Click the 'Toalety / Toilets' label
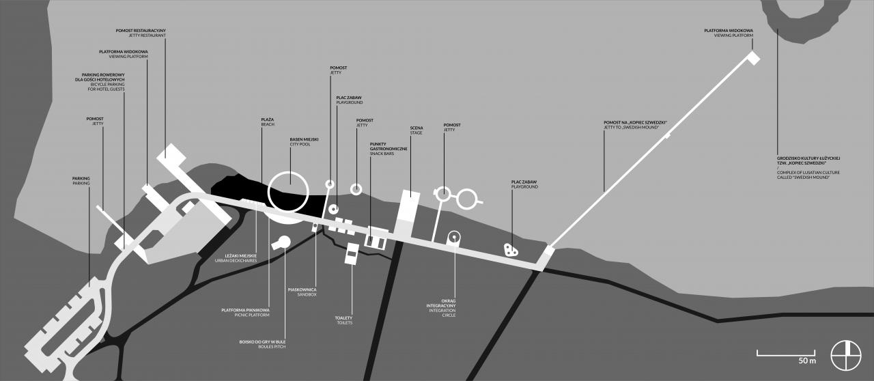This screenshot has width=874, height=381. tap(343, 320)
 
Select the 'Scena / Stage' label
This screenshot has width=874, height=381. tap(417, 130)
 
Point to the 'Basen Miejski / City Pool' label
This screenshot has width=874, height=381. tap(304, 141)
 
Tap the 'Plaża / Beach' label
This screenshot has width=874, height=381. tap(268, 122)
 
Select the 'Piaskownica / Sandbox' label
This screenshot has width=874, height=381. tap(302, 292)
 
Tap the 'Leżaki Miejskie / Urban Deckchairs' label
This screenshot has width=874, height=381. tap(238, 257)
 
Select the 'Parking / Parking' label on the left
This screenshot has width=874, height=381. tap(81, 180)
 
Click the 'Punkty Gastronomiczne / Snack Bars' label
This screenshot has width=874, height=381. tap(389, 148)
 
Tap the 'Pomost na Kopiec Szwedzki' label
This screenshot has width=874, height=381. tap(635, 125)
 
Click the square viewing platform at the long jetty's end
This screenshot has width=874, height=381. tap(753, 58)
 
